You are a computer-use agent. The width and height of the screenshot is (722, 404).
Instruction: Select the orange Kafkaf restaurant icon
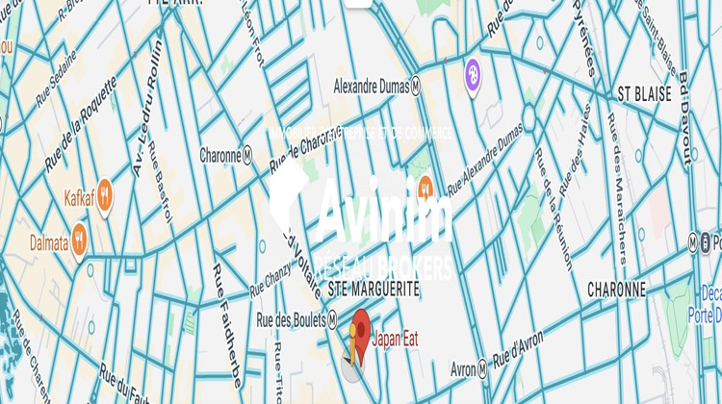[x=105, y=192]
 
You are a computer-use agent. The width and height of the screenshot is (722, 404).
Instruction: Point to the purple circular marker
[x=473, y=70]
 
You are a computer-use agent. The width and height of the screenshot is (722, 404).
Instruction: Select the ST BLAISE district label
[x=644, y=93]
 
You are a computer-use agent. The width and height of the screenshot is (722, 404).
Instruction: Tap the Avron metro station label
[x=470, y=368]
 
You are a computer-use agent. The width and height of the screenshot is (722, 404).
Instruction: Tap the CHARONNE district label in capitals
[x=616, y=289]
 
